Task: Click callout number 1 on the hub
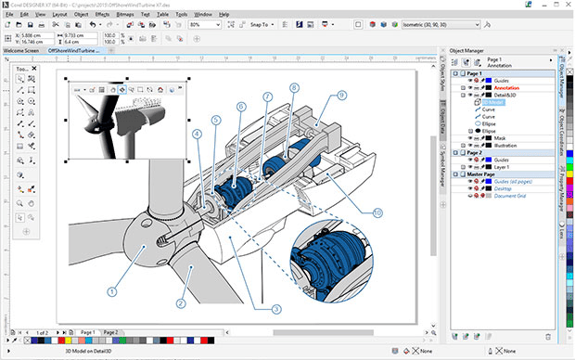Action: [111, 290]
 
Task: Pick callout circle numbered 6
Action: [241, 107]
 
